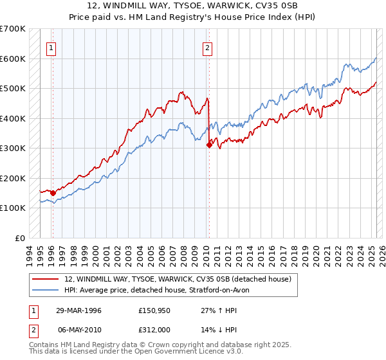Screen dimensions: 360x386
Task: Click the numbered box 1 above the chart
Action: pyautogui.click(x=50, y=47)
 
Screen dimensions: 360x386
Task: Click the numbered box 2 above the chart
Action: pyautogui.click(x=208, y=47)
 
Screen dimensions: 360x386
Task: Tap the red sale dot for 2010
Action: pyautogui.click(x=209, y=145)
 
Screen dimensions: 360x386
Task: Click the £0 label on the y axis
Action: pyautogui.click(x=20, y=238)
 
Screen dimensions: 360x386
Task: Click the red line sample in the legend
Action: pyautogui.click(x=46, y=279)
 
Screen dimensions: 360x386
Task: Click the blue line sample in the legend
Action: pyautogui.click(x=46, y=290)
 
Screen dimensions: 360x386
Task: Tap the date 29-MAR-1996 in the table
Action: pyautogui.click(x=78, y=310)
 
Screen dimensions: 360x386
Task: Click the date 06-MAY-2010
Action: pyautogui.click(x=78, y=329)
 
